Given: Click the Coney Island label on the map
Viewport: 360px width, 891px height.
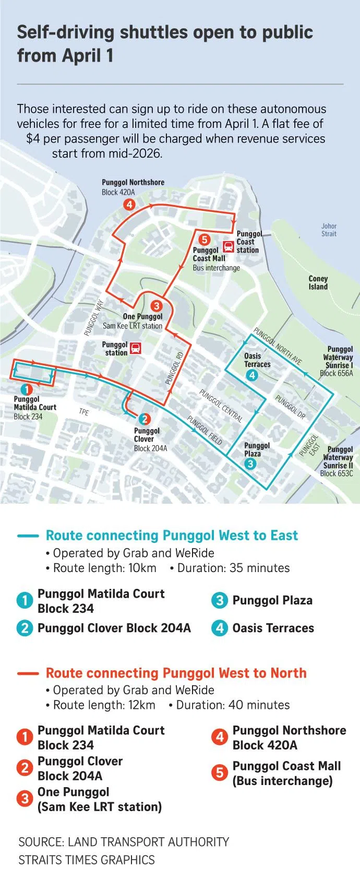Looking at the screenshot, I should [318, 282].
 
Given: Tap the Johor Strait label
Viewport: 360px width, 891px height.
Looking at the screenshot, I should [329, 230].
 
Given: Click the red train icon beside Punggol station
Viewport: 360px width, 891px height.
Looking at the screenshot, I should [136, 348].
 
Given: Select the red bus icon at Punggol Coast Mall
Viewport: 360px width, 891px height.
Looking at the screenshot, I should [229, 246].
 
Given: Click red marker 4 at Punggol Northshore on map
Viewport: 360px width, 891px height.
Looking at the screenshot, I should [129, 205].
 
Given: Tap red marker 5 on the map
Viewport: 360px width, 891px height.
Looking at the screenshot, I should [205, 240].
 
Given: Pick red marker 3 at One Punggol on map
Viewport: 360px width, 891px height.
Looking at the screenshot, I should [156, 306].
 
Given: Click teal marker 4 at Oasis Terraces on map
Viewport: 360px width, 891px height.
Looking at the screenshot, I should [252, 375].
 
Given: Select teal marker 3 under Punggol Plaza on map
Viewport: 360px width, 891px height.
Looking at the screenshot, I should [250, 464].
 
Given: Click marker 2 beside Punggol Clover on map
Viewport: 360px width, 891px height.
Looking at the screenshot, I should [145, 419].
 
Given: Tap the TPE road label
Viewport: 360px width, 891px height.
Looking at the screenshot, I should [83, 412].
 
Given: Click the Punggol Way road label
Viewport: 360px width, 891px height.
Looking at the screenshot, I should [94, 317].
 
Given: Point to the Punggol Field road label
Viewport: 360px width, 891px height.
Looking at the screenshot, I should [205, 430].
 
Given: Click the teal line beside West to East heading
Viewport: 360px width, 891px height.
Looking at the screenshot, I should [28, 536].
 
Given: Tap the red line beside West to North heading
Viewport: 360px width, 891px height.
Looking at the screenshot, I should [28, 673].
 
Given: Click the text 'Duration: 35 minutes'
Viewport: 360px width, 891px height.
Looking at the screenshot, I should [233, 568].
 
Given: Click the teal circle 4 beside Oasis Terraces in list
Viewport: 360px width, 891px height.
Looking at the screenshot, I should [220, 628].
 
